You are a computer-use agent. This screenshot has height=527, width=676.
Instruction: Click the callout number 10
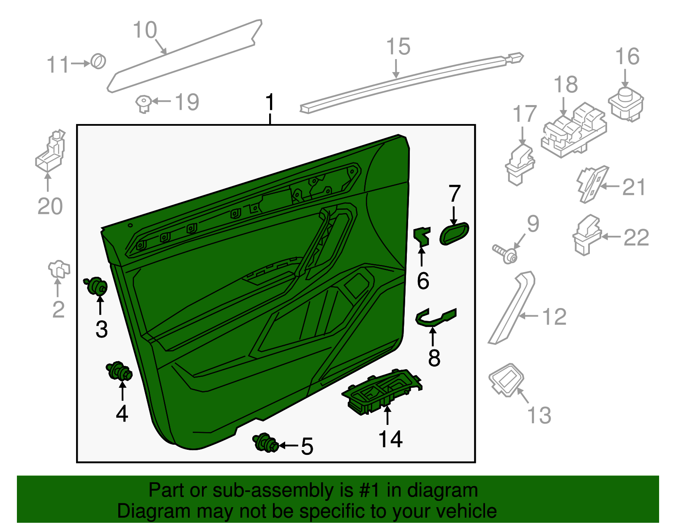click(145, 30)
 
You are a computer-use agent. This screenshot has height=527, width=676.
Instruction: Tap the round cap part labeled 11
click(98, 62)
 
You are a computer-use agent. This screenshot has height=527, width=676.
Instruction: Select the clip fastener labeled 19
click(144, 103)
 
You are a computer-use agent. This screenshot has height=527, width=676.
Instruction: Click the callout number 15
click(398, 47)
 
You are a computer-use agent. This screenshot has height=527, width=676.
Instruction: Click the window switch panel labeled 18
click(574, 130)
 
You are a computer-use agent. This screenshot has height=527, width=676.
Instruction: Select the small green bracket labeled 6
click(422, 236)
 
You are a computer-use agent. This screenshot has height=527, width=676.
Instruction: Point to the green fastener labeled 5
click(265, 443)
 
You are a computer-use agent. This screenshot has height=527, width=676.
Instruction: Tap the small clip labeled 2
click(59, 269)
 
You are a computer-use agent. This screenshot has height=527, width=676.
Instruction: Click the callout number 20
click(50, 206)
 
